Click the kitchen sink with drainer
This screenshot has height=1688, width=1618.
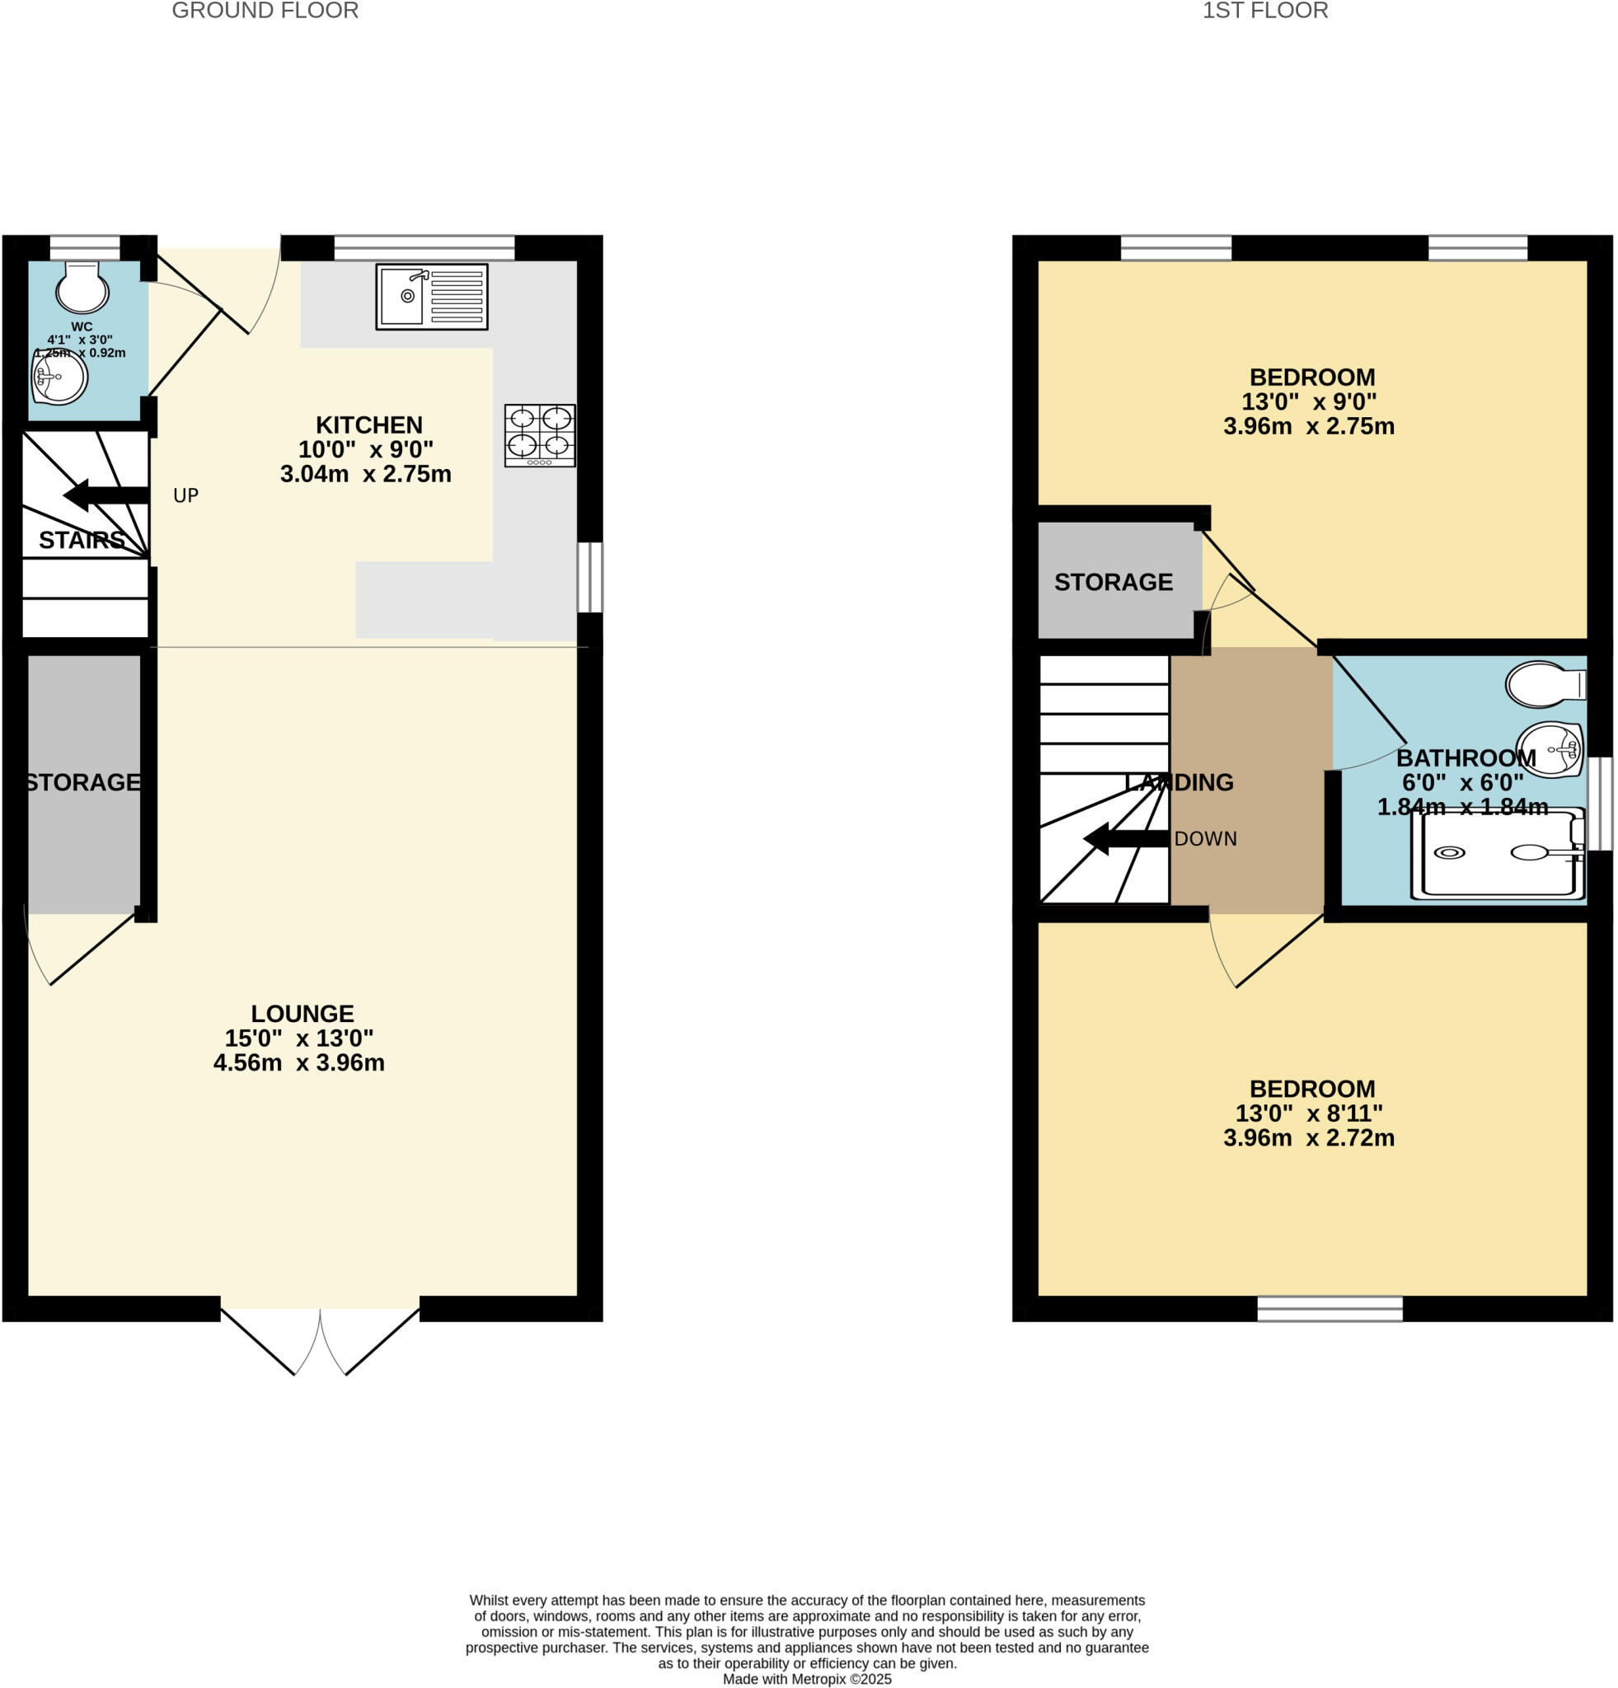click(431, 296)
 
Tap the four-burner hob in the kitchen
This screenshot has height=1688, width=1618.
click(540, 435)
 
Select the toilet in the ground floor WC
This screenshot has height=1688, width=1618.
click(82, 287)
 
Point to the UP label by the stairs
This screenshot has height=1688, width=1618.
click(186, 495)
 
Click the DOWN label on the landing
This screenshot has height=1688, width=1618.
click(1205, 839)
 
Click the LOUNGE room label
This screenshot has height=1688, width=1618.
click(302, 1014)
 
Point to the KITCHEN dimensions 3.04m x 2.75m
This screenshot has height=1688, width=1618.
click(365, 475)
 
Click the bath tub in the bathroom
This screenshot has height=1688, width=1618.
click(1497, 853)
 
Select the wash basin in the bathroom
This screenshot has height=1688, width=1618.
click(1548, 748)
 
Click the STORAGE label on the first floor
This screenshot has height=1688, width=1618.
click(1113, 582)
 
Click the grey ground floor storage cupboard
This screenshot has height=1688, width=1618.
click(83, 827)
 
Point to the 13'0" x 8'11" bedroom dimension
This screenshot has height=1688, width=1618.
click(1308, 1114)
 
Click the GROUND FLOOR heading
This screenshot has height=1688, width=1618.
click(265, 12)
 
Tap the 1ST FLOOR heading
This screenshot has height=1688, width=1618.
click(1264, 12)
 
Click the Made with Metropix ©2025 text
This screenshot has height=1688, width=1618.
click(807, 1680)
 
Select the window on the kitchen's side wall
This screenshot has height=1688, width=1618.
click(590, 576)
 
